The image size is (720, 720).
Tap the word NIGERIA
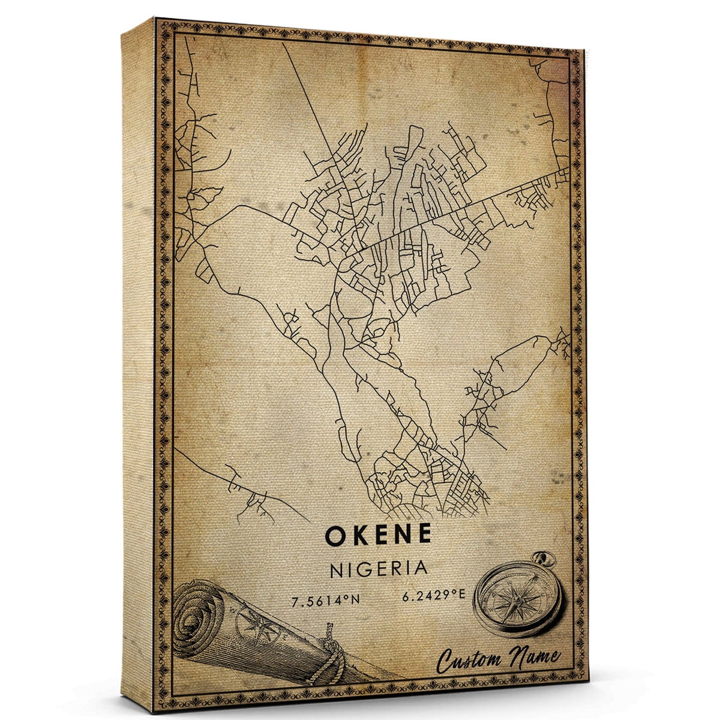pos(379,569)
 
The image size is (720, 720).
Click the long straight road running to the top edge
pos(306,90)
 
